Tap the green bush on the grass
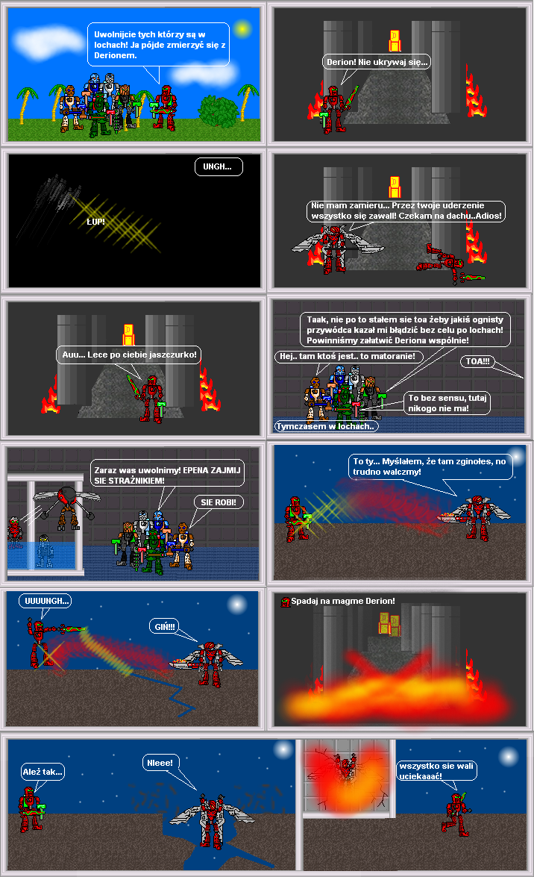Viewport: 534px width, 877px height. click(x=218, y=110)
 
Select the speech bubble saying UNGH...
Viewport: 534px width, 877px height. click(x=219, y=166)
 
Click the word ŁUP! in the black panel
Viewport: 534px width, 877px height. click(x=95, y=222)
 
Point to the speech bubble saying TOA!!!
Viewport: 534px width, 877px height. click(x=477, y=361)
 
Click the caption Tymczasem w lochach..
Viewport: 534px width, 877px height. click(x=326, y=426)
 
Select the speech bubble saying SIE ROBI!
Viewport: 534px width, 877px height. click(x=218, y=502)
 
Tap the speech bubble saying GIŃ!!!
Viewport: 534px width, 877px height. click(x=164, y=627)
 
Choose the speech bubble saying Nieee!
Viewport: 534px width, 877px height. click(x=160, y=763)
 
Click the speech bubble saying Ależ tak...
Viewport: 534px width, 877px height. click(x=43, y=772)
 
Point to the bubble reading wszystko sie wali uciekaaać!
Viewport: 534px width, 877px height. click(x=437, y=771)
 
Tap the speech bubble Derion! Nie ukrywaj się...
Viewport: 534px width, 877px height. click(x=377, y=62)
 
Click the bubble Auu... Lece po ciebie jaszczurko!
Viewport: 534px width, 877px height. click(x=128, y=355)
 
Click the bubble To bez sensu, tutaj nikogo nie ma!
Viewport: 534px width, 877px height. click(x=447, y=403)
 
